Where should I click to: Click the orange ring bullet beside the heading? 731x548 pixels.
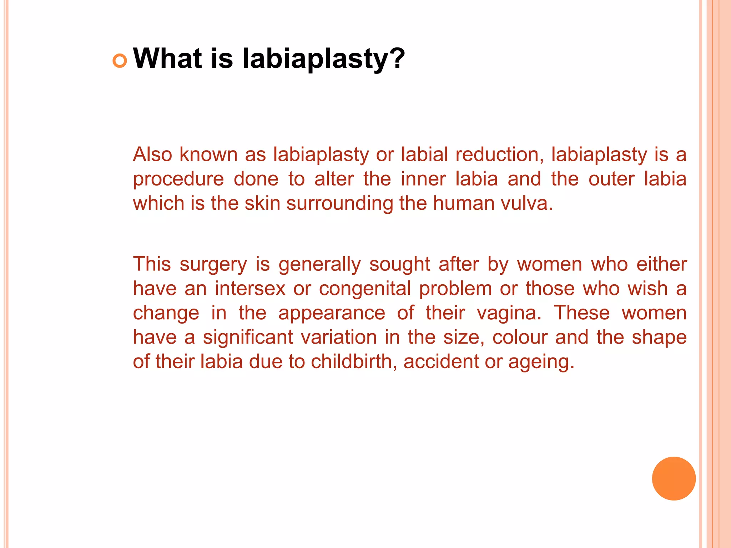(120, 61)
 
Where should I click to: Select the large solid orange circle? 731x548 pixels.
(674, 478)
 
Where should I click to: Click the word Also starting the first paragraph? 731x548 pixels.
(152, 154)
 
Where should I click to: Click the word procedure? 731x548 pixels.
(178, 179)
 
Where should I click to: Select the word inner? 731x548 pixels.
(423, 179)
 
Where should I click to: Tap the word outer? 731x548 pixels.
(611, 179)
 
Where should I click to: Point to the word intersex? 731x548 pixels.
(250, 288)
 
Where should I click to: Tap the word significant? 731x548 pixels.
(248, 338)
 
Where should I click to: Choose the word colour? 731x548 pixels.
(520, 337)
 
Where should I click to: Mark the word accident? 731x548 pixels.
(441, 361)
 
